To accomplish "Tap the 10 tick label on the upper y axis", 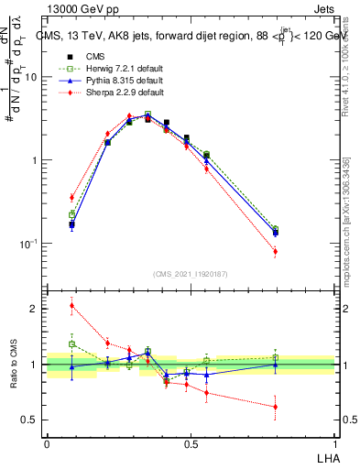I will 31,77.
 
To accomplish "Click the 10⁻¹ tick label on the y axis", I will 29,244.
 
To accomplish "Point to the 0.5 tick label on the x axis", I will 191,443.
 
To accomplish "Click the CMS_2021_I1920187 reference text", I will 191,273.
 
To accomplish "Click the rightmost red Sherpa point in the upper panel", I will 275,251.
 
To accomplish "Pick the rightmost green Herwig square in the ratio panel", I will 275,357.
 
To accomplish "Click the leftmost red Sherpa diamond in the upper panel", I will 72,197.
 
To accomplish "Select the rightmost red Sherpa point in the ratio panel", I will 275,407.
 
